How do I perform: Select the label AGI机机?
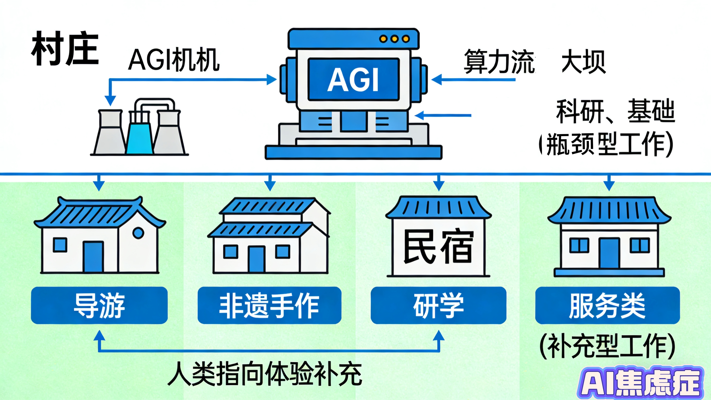pyautogui.click(x=174, y=60)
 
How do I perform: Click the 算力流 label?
pyautogui.click(x=499, y=61)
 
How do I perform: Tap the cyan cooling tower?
pyautogui.click(x=140, y=138)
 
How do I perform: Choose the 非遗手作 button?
pyautogui.click(x=269, y=305)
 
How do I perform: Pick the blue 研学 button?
pyautogui.click(x=438, y=305)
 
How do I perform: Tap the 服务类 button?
pyautogui.click(x=607, y=305)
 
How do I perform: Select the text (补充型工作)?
pyautogui.click(x=607, y=346)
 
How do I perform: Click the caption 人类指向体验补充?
pyautogui.click(x=265, y=373)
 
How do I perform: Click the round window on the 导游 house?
pyautogui.click(x=138, y=233)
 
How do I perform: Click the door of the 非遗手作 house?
pyautogui.click(x=257, y=259)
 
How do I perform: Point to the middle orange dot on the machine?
pyautogui.click(x=394, y=39)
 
